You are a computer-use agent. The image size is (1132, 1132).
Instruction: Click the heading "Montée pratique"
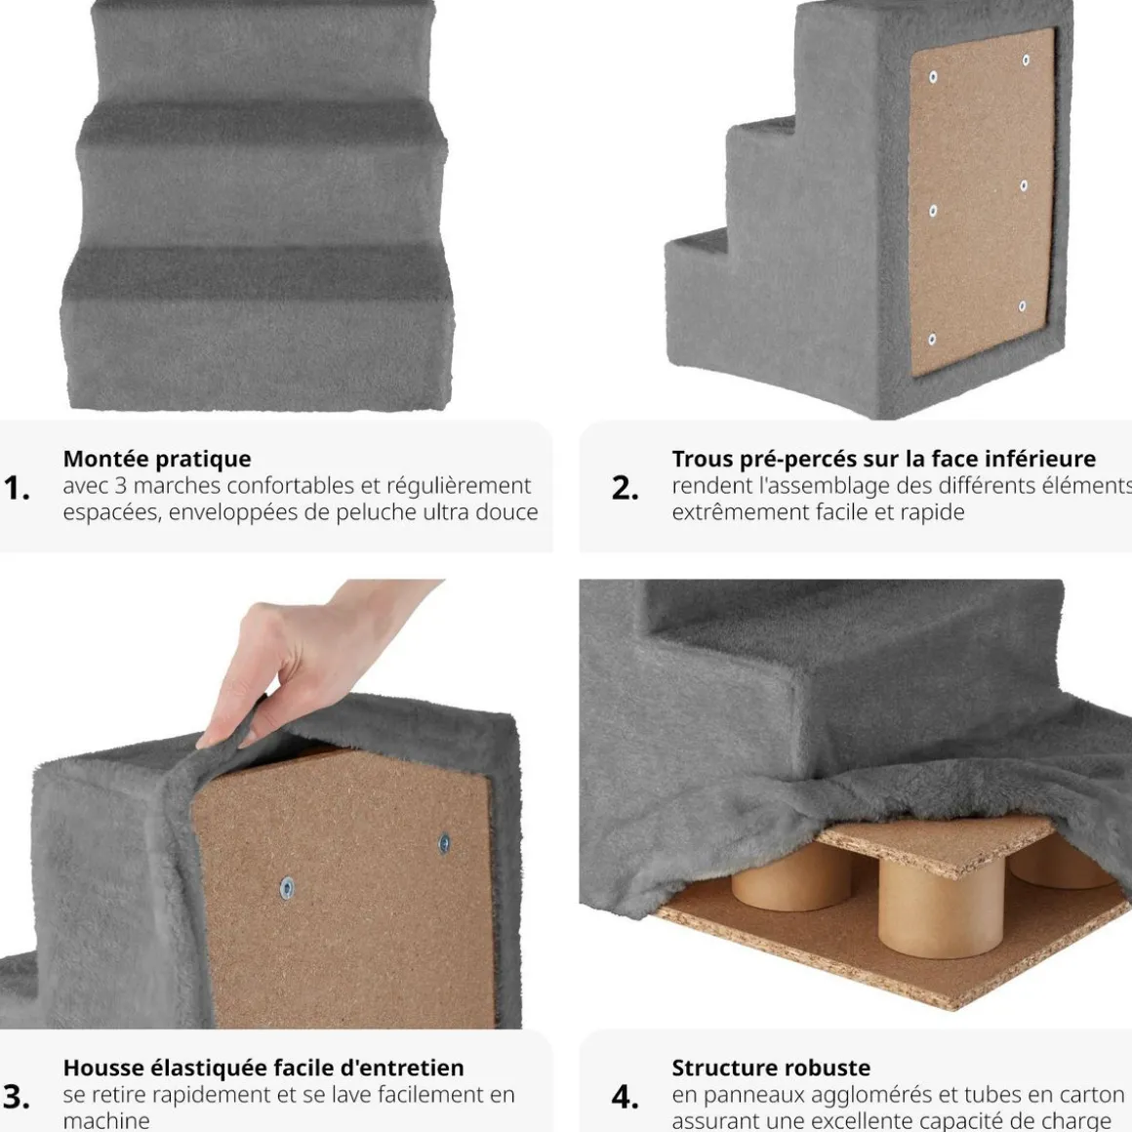point(157,460)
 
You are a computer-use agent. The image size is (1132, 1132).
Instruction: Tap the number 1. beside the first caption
point(16,489)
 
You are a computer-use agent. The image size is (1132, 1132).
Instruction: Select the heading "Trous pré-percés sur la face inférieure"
point(884,460)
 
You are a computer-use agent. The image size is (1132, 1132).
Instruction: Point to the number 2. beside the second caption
point(626,489)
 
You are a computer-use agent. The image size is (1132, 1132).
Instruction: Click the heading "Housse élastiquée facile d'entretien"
point(263,1068)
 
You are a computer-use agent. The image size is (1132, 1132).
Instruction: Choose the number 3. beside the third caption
point(16,1097)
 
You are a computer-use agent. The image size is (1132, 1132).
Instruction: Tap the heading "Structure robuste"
point(771,1068)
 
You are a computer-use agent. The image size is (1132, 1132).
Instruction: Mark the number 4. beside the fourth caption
point(626,1097)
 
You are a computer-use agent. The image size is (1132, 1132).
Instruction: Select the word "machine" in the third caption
point(106,1121)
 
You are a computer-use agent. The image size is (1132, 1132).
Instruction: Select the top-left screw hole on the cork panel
point(933,77)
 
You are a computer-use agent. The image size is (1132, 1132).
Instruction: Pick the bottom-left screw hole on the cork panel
point(931,340)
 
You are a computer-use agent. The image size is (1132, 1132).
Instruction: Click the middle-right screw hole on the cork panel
point(1024,185)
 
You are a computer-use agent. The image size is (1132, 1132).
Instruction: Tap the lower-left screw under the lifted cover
point(287,887)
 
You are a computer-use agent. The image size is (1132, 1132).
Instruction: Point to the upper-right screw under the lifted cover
point(444,842)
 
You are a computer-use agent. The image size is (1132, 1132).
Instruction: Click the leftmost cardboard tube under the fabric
point(792,878)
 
